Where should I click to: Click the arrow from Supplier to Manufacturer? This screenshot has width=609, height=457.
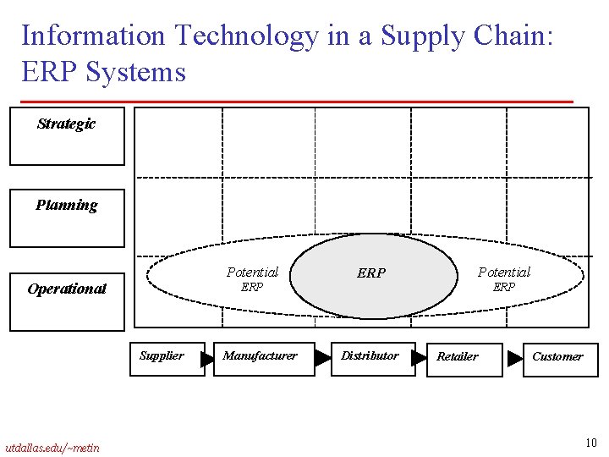point(208,360)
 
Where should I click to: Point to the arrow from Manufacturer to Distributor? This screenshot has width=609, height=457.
point(322,359)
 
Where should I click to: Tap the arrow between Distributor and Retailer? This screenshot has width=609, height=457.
point(419,359)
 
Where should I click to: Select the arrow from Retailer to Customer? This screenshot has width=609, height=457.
point(514,359)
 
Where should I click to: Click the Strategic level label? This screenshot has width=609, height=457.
point(66,124)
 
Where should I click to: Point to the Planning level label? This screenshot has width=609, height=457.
point(66,206)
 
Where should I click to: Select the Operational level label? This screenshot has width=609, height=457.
point(67,289)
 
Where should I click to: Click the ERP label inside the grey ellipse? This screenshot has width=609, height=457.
point(371,273)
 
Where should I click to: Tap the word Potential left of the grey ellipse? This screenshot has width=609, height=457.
point(252,272)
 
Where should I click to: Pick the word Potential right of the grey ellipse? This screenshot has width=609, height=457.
point(504,272)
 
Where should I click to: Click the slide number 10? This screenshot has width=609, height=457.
point(590,443)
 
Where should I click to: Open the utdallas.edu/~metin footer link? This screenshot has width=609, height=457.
point(52,448)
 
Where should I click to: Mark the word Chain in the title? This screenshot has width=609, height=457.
point(504,36)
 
